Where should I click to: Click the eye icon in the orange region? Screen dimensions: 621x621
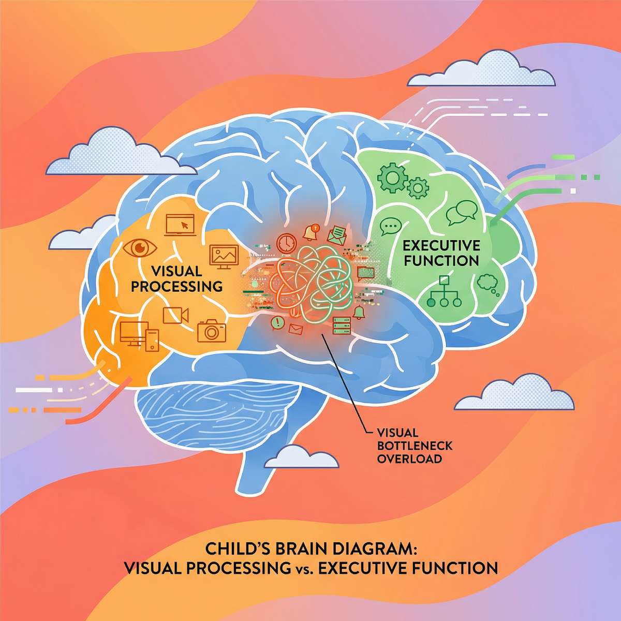tap(139, 248)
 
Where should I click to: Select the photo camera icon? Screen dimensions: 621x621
tap(211, 330)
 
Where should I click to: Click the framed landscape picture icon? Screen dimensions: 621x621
tap(224, 256)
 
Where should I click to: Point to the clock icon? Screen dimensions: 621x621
tap(286, 243)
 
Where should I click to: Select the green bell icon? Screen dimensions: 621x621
tap(359, 312)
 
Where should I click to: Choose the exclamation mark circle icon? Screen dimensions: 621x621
tap(278, 323)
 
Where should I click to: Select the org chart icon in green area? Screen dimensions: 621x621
tap(442, 292)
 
